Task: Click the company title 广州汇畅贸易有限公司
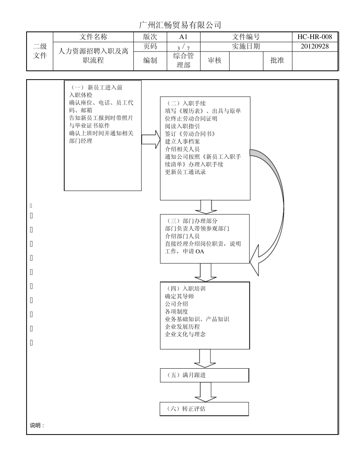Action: pyautogui.click(x=180, y=25)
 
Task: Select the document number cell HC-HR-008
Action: pyautogui.click(x=315, y=37)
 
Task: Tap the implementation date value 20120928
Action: pyautogui.click(x=315, y=46)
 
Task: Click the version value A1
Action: pyautogui.click(x=183, y=37)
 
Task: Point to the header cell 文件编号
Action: pyautogui.click(x=246, y=37)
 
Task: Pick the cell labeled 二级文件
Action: pyautogui.click(x=40, y=51)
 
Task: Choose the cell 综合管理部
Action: pyautogui.click(x=183, y=61)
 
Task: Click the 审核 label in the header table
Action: pyautogui.click(x=214, y=61)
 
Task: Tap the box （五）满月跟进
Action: pyautogui.click(x=204, y=375)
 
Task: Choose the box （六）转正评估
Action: pyautogui.click(x=204, y=409)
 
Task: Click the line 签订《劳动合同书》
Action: pyautogui.click(x=190, y=134)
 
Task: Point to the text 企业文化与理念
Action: pyautogui.click(x=185, y=334)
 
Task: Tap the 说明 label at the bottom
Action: pyautogui.click(x=37, y=425)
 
